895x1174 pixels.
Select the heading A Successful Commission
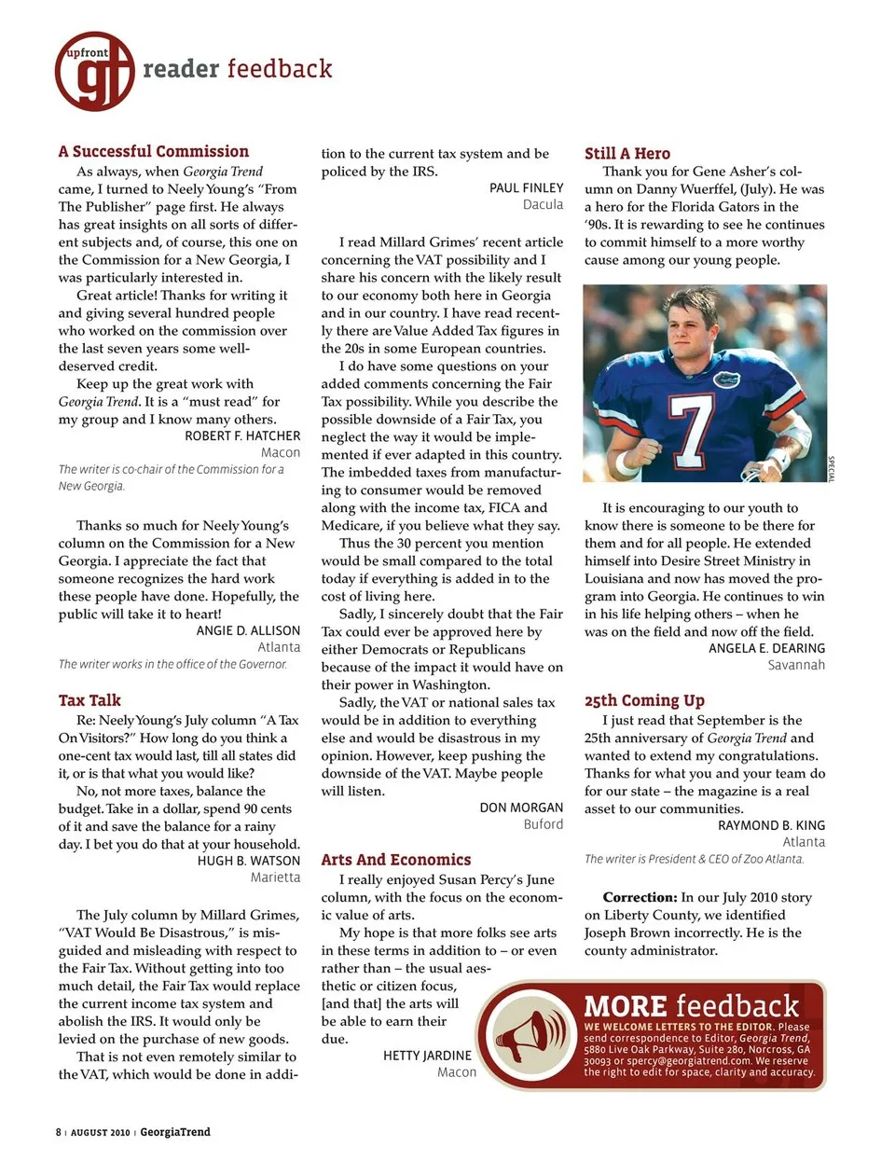(153, 151)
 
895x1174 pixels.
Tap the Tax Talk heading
(89, 700)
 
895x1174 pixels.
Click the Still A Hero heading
(626, 154)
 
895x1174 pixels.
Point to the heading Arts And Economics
(395, 860)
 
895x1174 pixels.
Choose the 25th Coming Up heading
(644, 700)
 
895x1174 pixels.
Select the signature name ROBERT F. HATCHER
(242, 435)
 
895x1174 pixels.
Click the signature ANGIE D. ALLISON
(248, 630)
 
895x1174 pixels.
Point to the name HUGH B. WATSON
(249, 861)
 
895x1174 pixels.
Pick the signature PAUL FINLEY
(526, 187)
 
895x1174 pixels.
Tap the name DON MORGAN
(521, 808)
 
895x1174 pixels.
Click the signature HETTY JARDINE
(427, 1056)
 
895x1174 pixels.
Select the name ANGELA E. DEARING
(766, 648)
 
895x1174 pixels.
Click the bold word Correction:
(639, 897)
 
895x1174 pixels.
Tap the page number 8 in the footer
(58, 1132)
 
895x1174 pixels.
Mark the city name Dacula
(543, 205)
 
